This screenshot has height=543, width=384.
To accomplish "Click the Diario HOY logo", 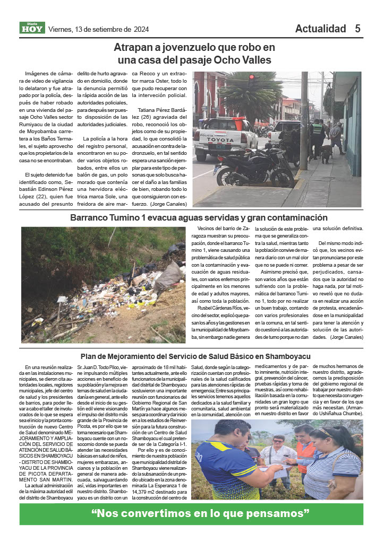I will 33,28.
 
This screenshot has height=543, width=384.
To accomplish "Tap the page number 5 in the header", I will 358,29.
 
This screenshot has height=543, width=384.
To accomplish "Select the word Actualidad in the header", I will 320,29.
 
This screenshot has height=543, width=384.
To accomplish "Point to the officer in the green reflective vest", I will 317,133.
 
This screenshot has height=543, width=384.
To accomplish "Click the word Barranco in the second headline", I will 90,217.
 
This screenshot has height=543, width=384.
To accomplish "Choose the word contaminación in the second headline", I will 296,217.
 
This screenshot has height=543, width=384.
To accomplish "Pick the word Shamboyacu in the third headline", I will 287,356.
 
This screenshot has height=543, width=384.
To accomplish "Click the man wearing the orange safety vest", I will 306,450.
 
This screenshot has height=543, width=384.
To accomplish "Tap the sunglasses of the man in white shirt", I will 278,441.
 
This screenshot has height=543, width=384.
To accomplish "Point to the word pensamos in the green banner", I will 279,514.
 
